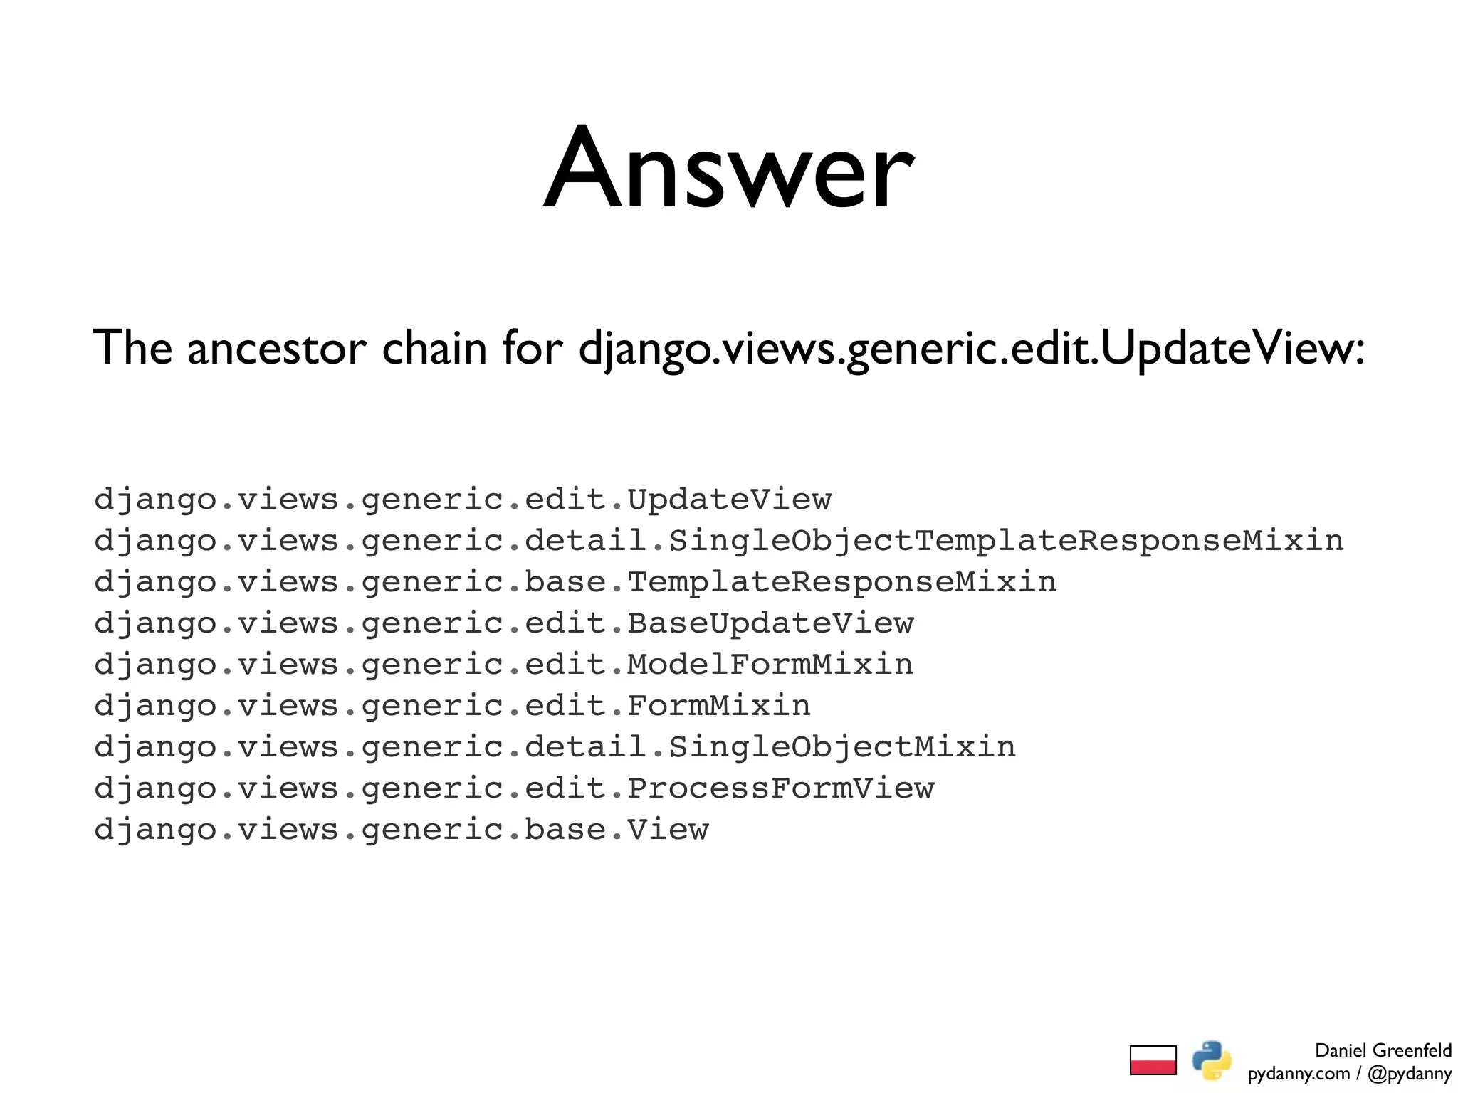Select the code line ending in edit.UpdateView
pyautogui.click(x=463, y=500)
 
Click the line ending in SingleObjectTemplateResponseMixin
pyautogui.click(x=719, y=541)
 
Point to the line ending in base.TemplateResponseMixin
pyautogui.click(x=575, y=582)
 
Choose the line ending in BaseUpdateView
pyautogui.click(x=504, y=623)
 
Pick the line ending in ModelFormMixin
pyautogui.click(x=504, y=665)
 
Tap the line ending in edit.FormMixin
pyautogui.click(x=453, y=706)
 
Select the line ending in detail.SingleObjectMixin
pyautogui.click(x=555, y=747)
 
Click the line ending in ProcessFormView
pyautogui.click(x=514, y=788)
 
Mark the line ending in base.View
pyautogui.click(x=402, y=830)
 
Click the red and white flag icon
pyautogui.click(x=1153, y=1060)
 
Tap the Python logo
pyautogui.click(x=1212, y=1060)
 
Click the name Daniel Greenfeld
pyautogui.click(x=1383, y=1050)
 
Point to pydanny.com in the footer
pyautogui.click(x=1299, y=1074)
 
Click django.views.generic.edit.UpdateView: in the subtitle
pyautogui.click(x=972, y=349)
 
